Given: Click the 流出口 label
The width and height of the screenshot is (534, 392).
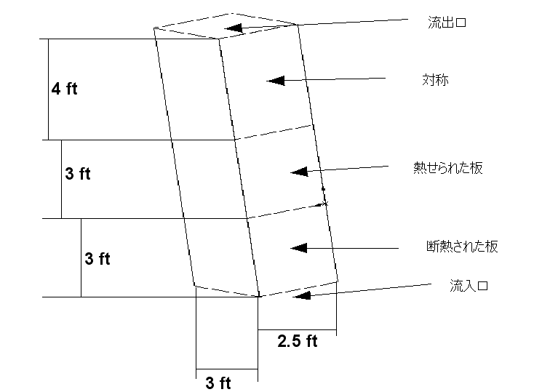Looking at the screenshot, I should tap(446, 23).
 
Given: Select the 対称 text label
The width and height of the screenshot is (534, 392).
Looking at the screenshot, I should tap(435, 79).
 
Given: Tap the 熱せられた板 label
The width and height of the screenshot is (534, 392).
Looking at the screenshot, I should tap(447, 168).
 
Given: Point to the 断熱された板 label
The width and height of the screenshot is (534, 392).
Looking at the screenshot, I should tap(462, 246).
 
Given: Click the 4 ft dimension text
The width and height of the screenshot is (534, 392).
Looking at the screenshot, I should tap(64, 89).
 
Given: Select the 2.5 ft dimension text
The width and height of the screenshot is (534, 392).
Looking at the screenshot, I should tap(298, 340).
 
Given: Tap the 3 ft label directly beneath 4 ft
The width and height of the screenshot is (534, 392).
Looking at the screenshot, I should tap(78, 174).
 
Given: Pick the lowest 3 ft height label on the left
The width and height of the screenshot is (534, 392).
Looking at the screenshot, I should tap(97, 258).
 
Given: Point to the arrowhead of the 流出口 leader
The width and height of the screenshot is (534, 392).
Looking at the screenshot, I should tap(232, 29).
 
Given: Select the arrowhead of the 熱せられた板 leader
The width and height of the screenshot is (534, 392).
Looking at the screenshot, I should tap(297, 172).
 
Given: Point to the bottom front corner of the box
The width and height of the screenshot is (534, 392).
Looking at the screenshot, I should tap(258, 296).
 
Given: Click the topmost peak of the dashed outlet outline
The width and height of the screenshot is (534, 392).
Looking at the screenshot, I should tap(233, 12).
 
